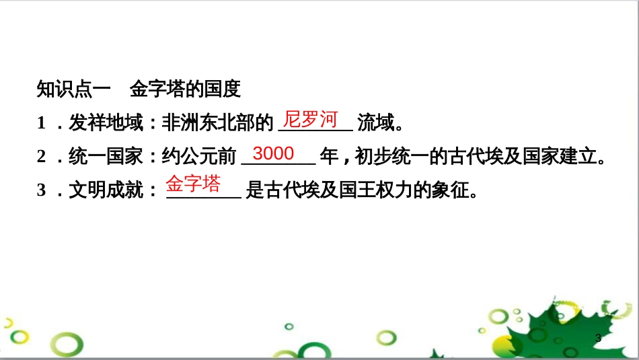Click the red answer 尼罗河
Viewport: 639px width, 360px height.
[x=310, y=120]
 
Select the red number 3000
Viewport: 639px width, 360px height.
[x=274, y=153]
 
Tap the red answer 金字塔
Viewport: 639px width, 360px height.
[x=193, y=182]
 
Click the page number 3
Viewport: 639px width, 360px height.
[x=598, y=338]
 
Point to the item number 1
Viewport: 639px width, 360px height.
[x=42, y=124]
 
